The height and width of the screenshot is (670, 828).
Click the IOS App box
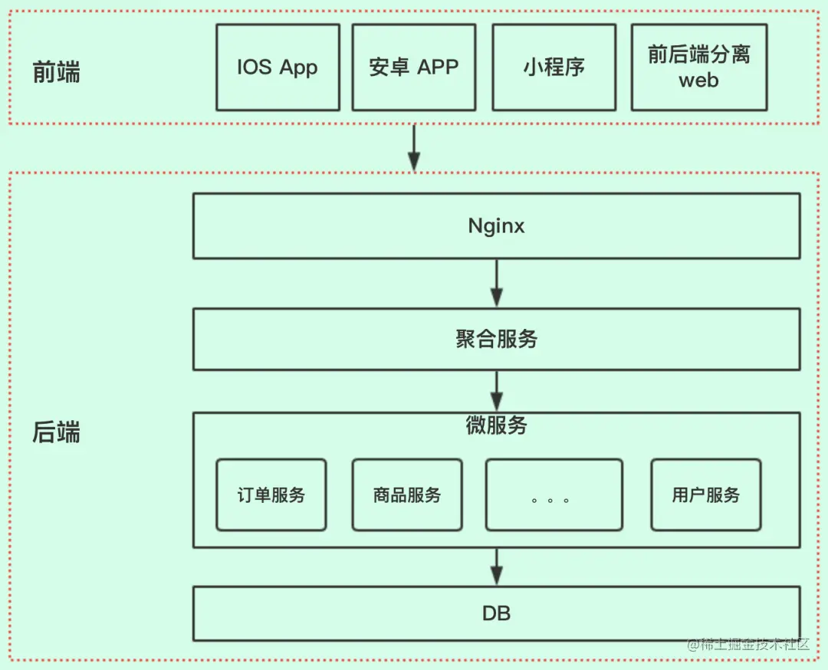coord(278,67)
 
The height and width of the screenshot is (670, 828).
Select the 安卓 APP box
coord(413,67)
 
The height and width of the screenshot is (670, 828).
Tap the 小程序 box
coord(554,67)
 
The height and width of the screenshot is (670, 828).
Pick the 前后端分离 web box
coord(698,67)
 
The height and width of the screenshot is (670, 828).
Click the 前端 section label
coord(56,72)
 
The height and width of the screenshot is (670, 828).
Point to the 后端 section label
coord(56,433)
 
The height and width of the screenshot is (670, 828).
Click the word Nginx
coord(496,226)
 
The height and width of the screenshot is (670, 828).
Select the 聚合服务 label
coord(496,340)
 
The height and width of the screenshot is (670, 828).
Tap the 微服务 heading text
coord(496,426)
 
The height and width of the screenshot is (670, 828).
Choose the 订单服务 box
coord(271,495)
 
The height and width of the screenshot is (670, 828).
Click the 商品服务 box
coord(407,495)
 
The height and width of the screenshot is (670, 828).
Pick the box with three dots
coord(554,495)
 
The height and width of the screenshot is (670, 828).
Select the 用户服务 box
coord(705,495)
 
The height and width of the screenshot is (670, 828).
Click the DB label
coord(496,613)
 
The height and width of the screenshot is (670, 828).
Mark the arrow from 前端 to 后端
coord(414,149)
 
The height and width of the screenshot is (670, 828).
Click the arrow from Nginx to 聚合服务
coord(496,284)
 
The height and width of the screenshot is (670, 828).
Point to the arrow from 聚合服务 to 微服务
coord(496,391)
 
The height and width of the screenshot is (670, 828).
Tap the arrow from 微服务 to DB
coord(496,567)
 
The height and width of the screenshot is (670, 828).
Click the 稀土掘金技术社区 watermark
coord(748,645)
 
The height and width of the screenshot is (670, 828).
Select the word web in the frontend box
coord(698,80)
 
